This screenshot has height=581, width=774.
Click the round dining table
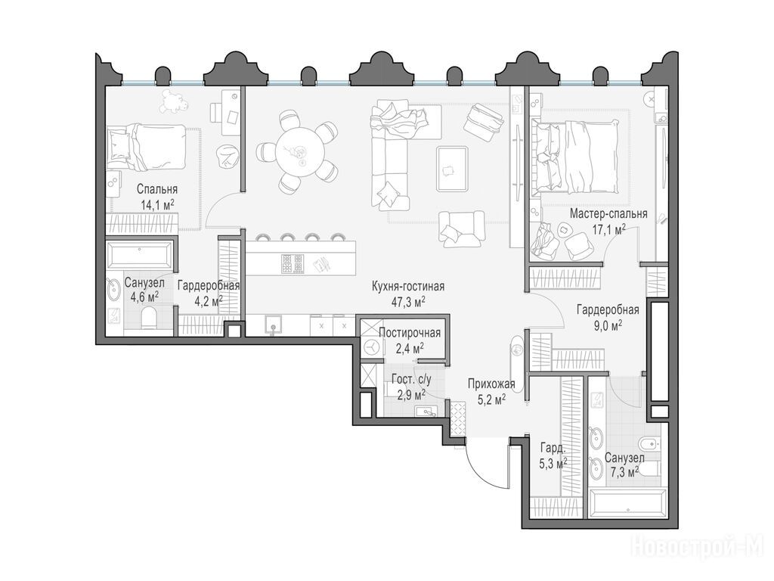pyautogui.click(x=299, y=151)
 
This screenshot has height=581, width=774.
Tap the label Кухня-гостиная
pyautogui.click(x=408, y=287)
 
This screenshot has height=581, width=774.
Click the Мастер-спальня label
pyautogui.click(x=608, y=214)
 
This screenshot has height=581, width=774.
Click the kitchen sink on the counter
pyautogui.click(x=273, y=325)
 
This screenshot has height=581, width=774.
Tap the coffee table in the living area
pyautogui.click(x=452, y=169)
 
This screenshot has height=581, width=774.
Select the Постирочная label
pyautogui.click(x=410, y=333)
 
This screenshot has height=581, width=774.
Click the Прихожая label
pyautogui.click(x=491, y=384)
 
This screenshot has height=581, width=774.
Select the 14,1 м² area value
pyautogui.click(x=157, y=206)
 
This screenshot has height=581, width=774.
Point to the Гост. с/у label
pyautogui.click(x=411, y=380)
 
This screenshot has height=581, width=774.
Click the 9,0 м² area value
pyautogui.click(x=608, y=325)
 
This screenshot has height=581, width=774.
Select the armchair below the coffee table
pyautogui.click(x=461, y=228)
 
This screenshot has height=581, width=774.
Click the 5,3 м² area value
pyautogui.click(x=553, y=464)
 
